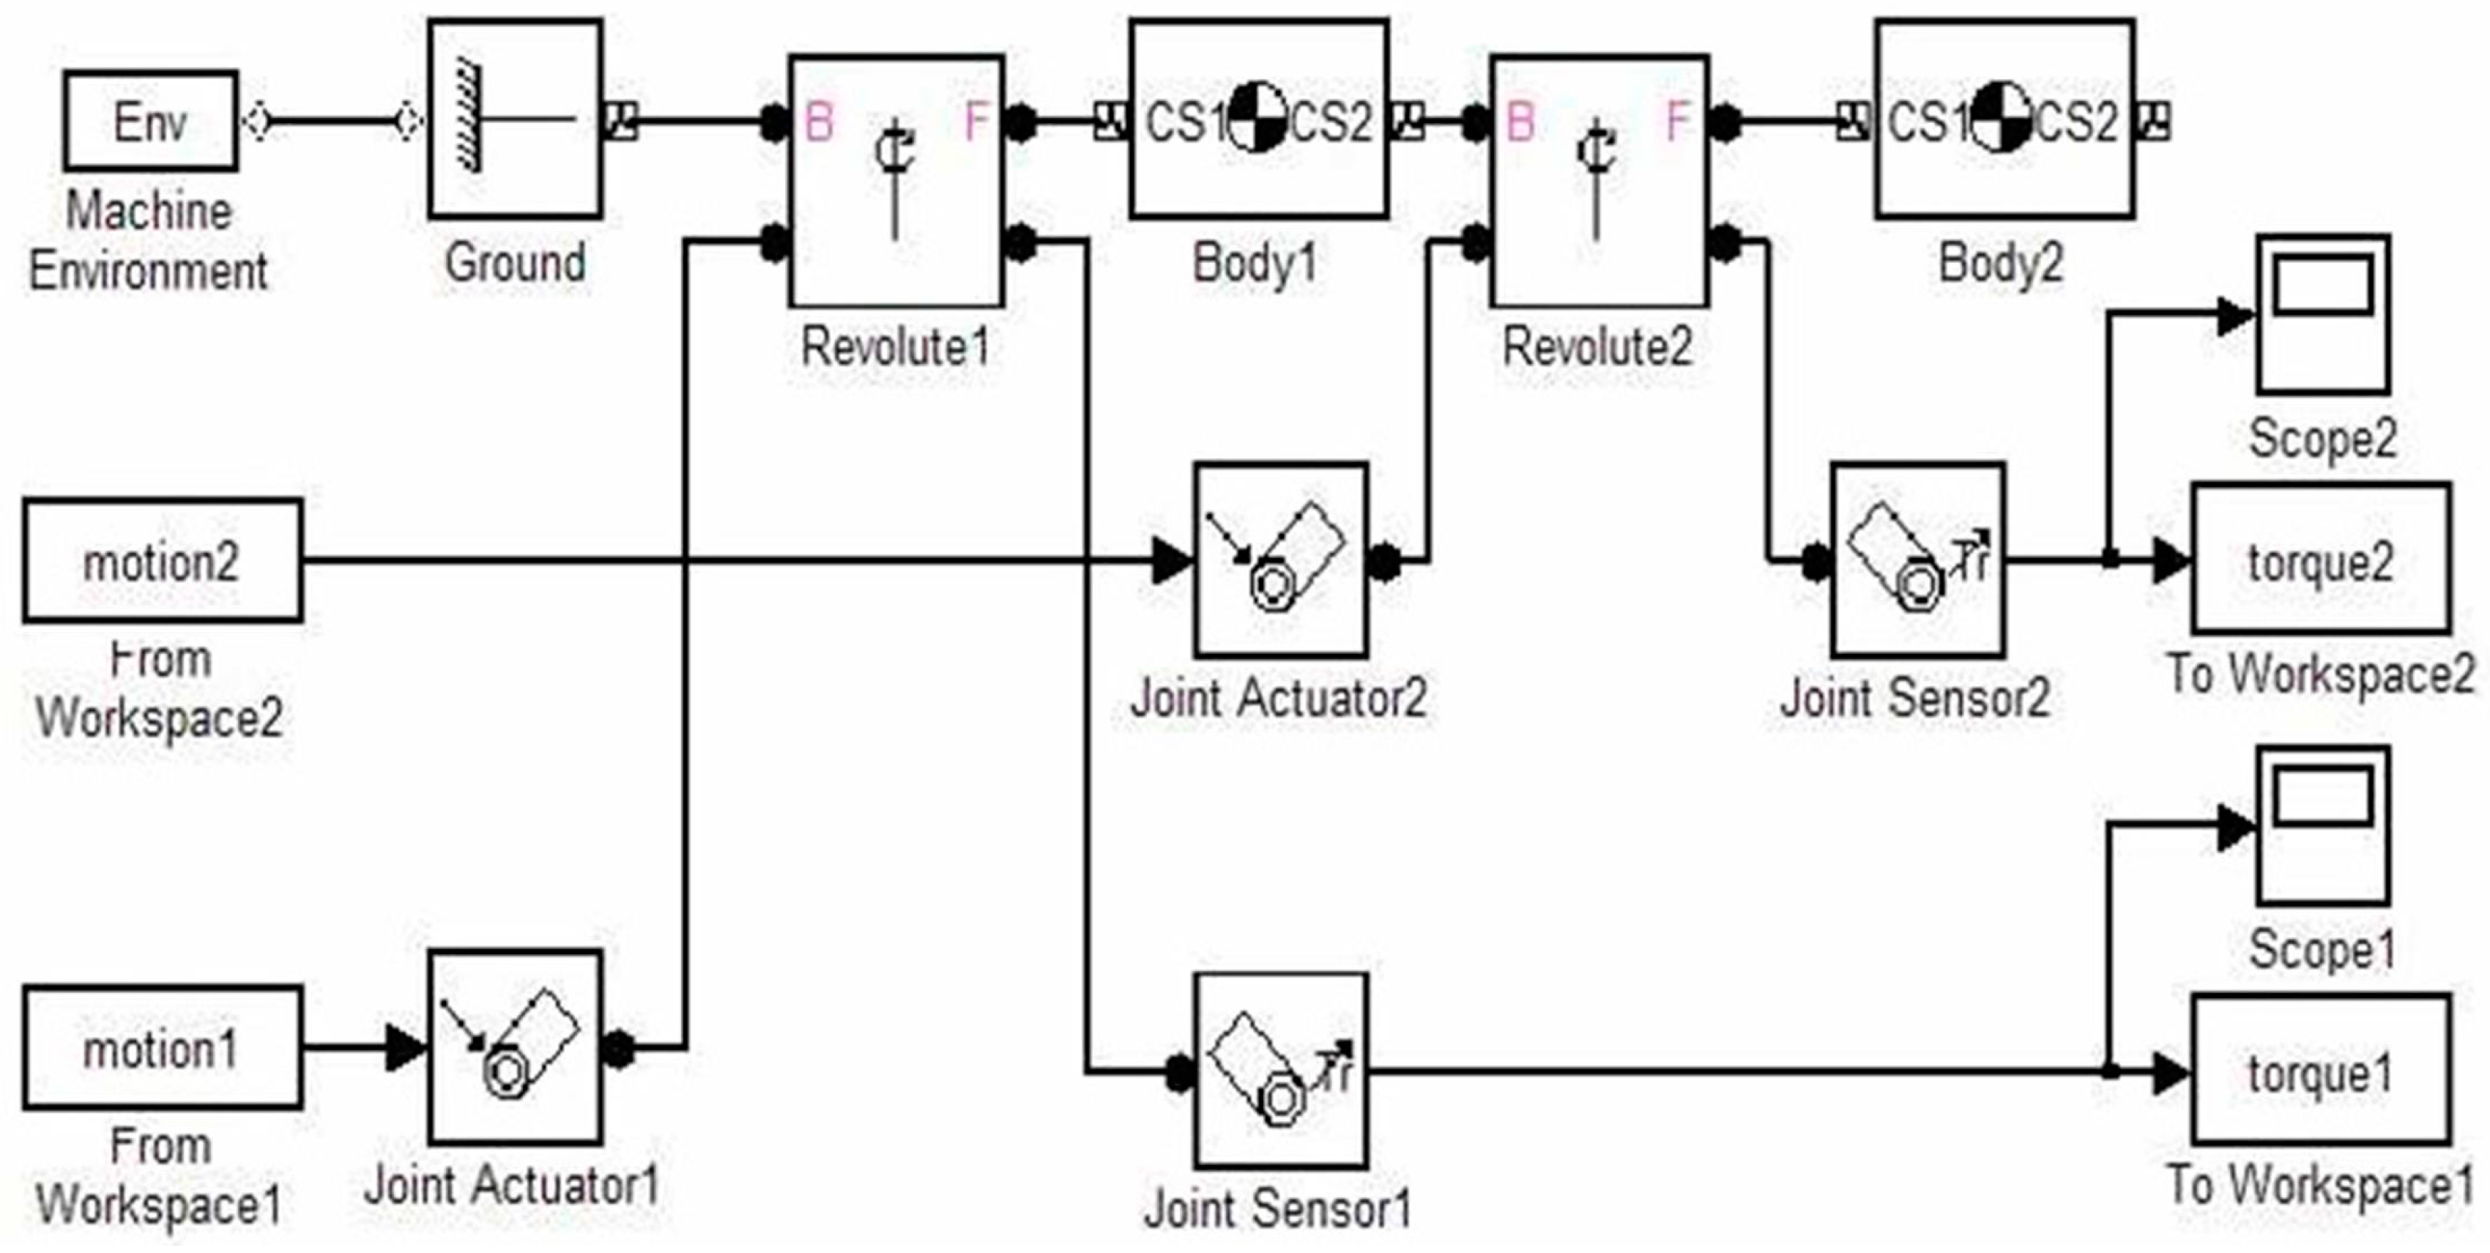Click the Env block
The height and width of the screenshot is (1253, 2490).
(151, 121)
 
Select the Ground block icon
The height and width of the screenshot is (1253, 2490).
(515, 119)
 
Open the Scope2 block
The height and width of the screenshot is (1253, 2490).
(2323, 313)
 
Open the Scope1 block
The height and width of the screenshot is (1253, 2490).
(2323, 825)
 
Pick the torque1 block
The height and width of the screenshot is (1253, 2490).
(2320, 1071)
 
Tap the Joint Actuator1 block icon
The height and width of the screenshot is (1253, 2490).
(515, 1047)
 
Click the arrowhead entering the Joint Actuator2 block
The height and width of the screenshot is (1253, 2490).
(1172, 561)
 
